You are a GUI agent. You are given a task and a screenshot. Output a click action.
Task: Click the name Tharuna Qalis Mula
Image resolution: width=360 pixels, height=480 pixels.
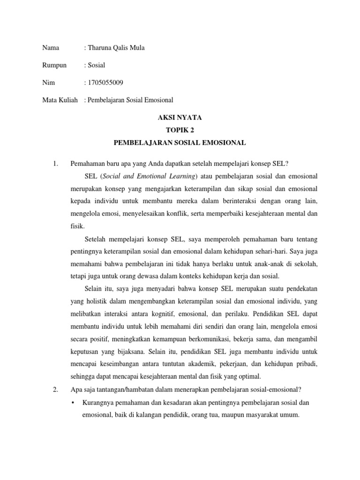pyautogui.click(x=116, y=47)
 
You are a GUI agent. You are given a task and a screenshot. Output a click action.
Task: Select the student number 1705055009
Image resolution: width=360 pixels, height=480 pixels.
pyautogui.click(x=105, y=83)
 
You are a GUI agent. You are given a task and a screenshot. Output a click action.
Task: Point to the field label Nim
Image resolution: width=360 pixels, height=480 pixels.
pyautogui.click(x=48, y=83)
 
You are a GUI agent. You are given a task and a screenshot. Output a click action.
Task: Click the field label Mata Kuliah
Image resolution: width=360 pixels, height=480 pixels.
pyautogui.click(x=60, y=100)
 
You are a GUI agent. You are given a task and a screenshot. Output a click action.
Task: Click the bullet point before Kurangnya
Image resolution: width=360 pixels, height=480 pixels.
pyautogui.click(x=75, y=403)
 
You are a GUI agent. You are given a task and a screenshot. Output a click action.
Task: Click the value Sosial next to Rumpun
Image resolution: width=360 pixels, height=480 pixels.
pyautogui.click(x=96, y=65)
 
